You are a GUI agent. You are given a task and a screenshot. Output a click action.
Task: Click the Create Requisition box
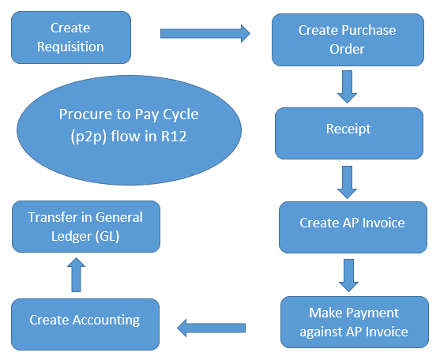click(x=70, y=37)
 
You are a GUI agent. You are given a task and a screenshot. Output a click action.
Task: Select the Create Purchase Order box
click(x=347, y=39)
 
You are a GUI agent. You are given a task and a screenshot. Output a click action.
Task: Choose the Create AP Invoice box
click(x=352, y=223)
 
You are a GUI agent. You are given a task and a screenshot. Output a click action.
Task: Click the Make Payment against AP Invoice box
click(x=355, y=321)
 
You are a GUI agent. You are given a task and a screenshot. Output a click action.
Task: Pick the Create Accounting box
click(x=85, y=320)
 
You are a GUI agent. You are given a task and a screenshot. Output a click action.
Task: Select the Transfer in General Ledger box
click(x=85, y=226)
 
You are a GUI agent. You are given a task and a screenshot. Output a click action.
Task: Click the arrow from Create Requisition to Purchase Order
click(x=205, y=33)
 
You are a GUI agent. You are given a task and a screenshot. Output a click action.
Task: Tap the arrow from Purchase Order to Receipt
click(x=346, y=85)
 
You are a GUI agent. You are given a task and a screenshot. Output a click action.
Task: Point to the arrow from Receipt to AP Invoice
click(x=346, y=181)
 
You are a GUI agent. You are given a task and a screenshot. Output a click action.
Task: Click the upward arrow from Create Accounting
click(x=77, y=274)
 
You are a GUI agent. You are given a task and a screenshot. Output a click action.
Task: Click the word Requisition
click(x=70, y=47)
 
